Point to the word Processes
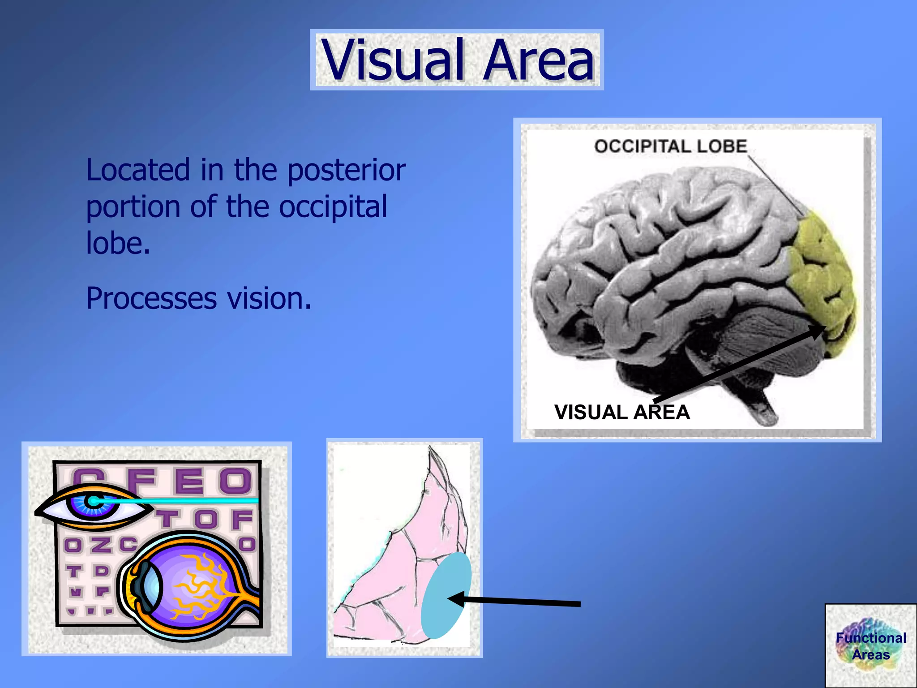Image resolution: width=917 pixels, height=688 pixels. tap(151, 299)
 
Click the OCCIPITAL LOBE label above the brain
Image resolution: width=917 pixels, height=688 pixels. tap(670, 146)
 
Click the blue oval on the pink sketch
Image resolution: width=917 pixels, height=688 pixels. tap(446, 596)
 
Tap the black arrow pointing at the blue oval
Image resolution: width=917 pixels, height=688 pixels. tap(515, 602)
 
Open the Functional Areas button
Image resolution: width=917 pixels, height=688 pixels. tap(870, 645)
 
